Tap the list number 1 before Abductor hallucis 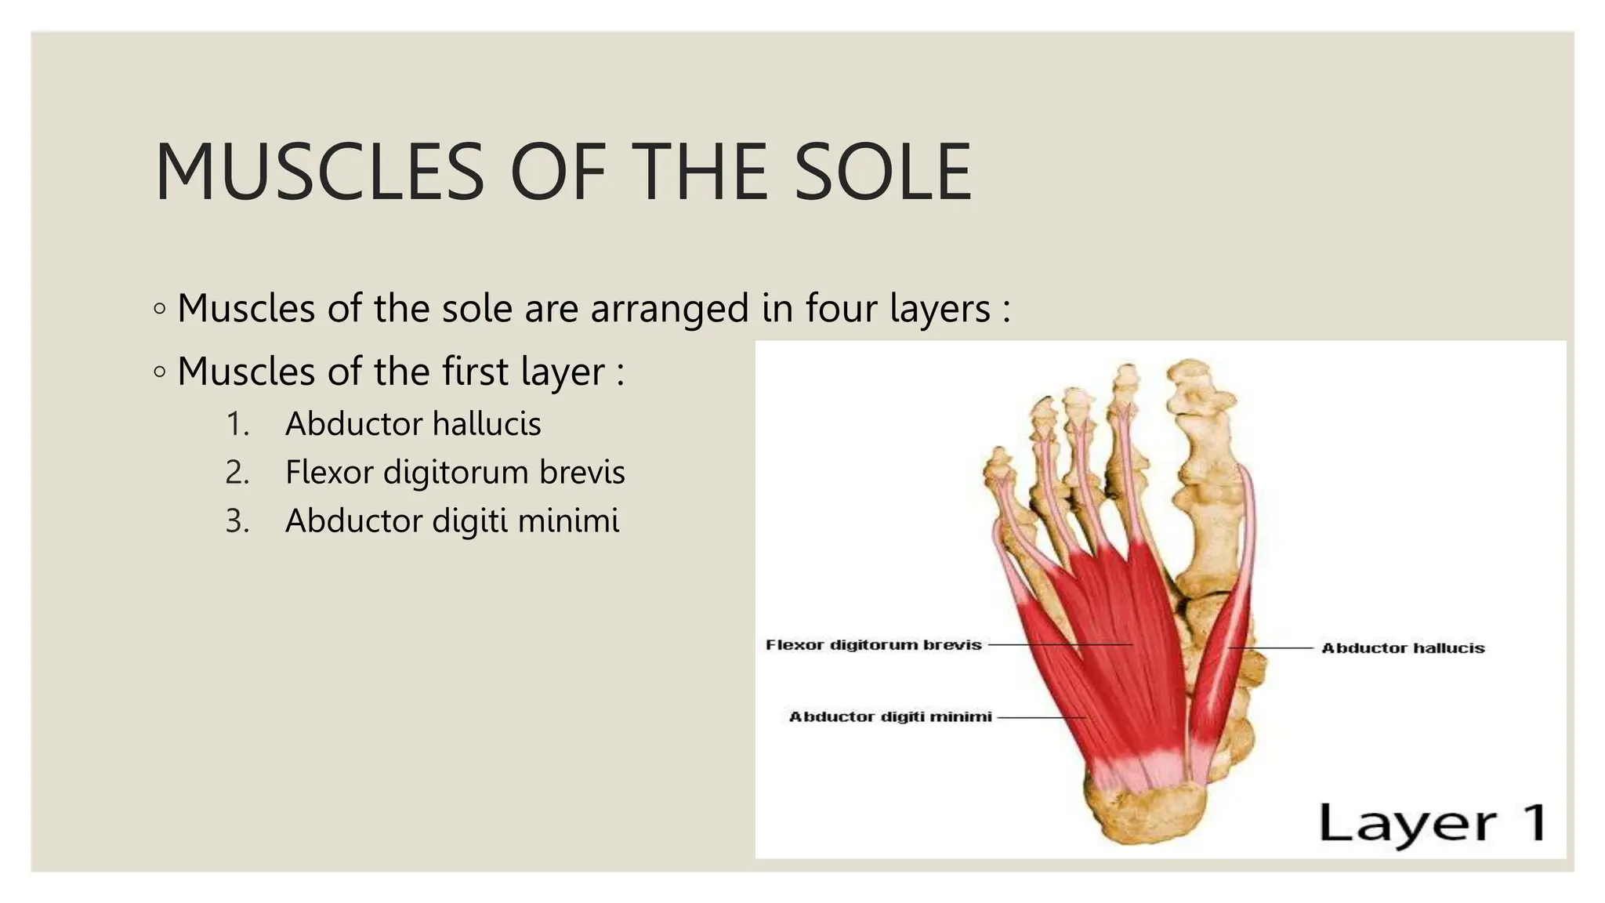[x=237, y=424]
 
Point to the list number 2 [x=237, y=473]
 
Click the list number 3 [x=237, y=521]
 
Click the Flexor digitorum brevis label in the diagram [x=873, y=645]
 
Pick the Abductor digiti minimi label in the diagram [x=889, y=716]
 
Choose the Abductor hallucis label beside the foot [x=1402, y=648]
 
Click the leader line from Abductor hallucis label [x=1270, y=648]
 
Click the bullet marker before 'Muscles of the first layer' [x=160, y=372]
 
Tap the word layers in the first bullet [x=940, y=308]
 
